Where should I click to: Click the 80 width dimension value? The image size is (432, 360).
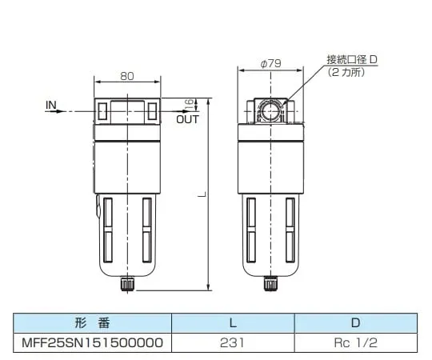[x=126, y=77]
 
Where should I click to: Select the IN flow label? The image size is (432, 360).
[x=50, y=104]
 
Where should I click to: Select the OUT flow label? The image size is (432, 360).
[x=187, y=119]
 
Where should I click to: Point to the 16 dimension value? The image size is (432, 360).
[x=190, y=104]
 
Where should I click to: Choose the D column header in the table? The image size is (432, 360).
[x=355, y=324]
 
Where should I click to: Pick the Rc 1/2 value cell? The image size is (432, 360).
[x=355, y=342]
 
